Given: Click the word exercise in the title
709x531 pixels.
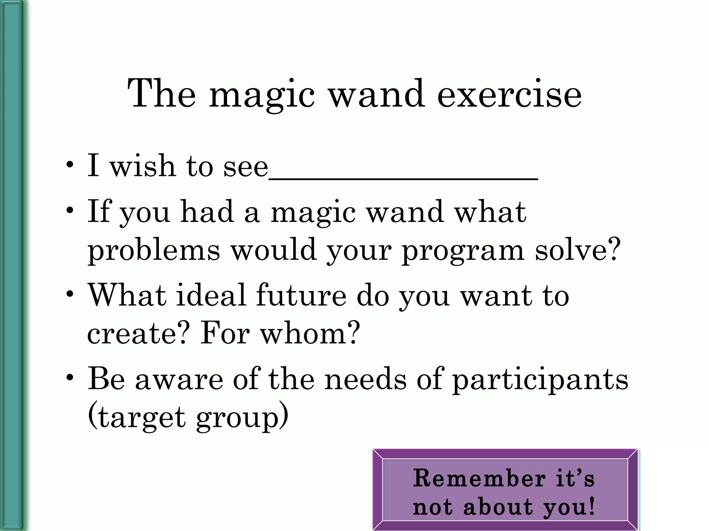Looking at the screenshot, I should pyautogui.click(x=509, y=94).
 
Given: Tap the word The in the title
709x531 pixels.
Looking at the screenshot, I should pyautogui.click(x=162, y=94).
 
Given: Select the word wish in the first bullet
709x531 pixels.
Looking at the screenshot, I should pyautogui.click(x=142, y=166).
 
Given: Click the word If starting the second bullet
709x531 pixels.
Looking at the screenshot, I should pyautogui.click(x=98, y=211).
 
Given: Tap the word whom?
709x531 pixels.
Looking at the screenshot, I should pyautogui.click(x=310, y=333).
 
